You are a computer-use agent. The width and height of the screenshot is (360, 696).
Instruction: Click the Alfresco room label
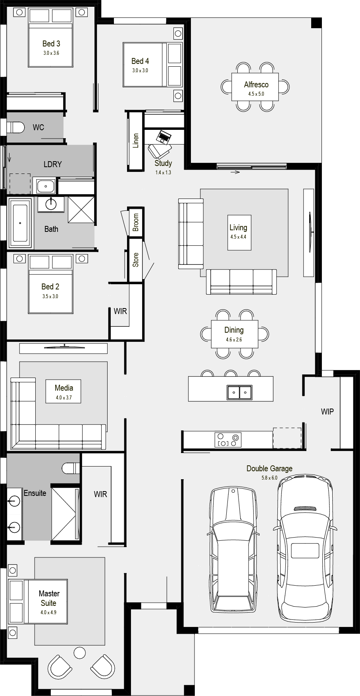pyautogui.click(x=256, y=85)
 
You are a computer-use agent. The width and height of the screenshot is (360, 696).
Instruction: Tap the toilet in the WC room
pyautogui.click(x=14, y=127)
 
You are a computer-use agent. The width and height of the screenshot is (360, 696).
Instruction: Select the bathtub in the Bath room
pyautogui.click(x=20, y=223)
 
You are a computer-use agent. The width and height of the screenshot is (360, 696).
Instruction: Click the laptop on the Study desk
pyautogui.click(x=164, y=137)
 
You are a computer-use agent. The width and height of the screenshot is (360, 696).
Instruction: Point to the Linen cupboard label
pyautogui.click(x=136, y=141)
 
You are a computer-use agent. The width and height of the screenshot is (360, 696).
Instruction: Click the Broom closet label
pyautogui.click(x=136, y=222)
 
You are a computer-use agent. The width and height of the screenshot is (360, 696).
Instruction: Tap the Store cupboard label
pyautogui.click(x=136, y=260)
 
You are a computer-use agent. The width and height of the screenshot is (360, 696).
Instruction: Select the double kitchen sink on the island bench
pyautogui.click(x=240, y=392)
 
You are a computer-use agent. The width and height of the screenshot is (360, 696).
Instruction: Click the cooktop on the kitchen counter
pyautogui.click(x=228, y=440)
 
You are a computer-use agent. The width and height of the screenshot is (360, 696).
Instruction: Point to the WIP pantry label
pyautogui.click(x=327, y=412)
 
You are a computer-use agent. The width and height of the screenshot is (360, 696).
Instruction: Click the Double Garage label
pyautogui.click(x=270, y=468)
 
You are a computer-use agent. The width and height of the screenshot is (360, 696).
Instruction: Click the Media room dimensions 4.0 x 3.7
pyautogui.click(x=64, y=397)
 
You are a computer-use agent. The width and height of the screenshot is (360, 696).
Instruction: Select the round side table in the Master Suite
pyautogui.click(x=80, y=652)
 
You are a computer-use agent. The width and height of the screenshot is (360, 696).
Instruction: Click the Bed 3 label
pyautogui.click(x=51, y=44)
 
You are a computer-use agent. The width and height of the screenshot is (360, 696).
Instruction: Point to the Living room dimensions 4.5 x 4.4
pyautogui.click(x=238, y=237)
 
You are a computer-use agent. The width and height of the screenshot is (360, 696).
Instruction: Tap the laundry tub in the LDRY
pyautogui.click(x=46, y=186)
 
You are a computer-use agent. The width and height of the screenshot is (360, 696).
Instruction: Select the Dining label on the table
pyautogui.click(x=234, y=330)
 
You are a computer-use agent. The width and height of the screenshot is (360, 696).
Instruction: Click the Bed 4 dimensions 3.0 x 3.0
pyautogui.click(x=140, y=70)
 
